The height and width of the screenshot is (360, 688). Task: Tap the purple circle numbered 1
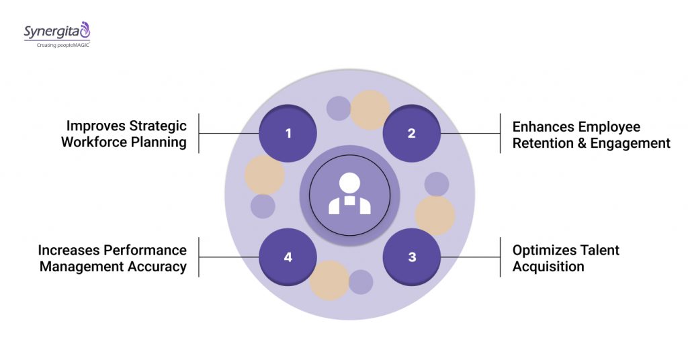(288, 133)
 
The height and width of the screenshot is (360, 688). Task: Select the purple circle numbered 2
(411, 133)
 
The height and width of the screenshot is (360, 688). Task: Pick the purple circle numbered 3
(411, 257)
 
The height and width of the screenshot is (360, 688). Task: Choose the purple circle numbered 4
(288, 257)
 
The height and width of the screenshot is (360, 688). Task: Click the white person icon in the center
(349, 195)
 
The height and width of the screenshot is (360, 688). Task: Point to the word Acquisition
(548, 267)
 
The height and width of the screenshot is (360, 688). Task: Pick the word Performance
(145, 250)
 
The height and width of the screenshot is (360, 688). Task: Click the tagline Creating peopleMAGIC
(58, 44)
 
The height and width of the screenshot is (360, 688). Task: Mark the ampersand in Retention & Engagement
(583, 143)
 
